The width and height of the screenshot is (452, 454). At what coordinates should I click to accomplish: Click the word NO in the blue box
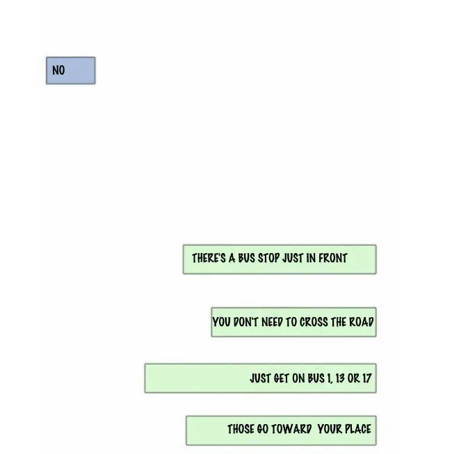point(58,70)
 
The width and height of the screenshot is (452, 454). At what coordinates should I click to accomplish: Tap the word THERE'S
point(209,258)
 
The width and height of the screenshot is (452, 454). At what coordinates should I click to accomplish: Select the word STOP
point(268,258)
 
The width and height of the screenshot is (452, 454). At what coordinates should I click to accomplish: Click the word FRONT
point(332,258)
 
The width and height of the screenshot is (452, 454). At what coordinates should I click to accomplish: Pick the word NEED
point(272,323)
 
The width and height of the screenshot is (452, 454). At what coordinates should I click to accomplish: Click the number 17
point(366,378)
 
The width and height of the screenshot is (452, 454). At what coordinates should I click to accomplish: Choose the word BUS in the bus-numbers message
point(316,378)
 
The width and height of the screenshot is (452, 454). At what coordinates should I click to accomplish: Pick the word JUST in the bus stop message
point(293,258)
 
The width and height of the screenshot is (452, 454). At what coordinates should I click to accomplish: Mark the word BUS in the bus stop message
point(246,258)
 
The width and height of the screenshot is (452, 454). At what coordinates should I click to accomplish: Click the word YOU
point(221,323)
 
